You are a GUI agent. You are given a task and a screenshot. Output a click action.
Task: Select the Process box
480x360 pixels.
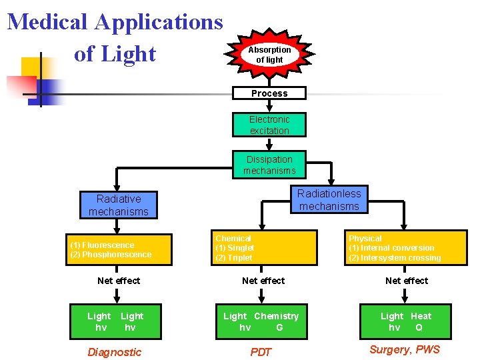pos(269,93)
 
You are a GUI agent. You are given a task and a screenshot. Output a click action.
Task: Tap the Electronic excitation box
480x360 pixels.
pos(269,125)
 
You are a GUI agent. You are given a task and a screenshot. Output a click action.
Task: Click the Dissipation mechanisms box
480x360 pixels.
pos(269,165)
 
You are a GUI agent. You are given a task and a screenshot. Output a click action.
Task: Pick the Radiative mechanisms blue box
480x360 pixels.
pos(118,205)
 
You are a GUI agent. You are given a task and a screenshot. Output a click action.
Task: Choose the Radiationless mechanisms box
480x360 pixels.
pos(329,199)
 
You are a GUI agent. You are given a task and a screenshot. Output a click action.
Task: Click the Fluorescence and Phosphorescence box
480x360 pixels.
pos(121,249)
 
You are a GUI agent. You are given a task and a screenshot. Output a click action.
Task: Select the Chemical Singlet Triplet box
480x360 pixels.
pos(264,248)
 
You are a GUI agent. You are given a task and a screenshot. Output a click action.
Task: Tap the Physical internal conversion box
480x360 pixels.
pos(406,248)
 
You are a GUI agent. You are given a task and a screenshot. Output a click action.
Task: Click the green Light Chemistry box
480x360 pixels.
pos(261,321)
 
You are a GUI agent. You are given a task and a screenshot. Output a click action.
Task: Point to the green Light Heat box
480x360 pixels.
pos(405,321)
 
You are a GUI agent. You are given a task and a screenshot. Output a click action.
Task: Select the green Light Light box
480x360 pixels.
pos(115,321)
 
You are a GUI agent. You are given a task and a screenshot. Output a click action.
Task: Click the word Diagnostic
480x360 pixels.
pos(115,352)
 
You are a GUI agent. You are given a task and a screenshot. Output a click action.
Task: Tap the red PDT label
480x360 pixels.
pos(261,352)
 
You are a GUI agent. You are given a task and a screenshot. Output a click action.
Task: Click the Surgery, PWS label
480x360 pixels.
pos(405,350)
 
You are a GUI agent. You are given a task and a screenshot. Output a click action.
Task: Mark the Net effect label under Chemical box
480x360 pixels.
pos(263,281)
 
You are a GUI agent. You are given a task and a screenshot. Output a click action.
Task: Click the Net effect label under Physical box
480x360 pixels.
pos(407,281)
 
